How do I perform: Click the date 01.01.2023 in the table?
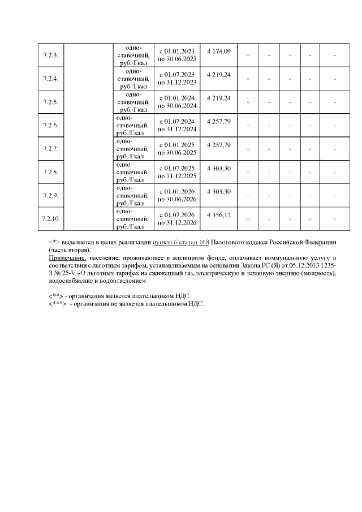[179, 51]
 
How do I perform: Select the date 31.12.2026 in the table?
[180, 222]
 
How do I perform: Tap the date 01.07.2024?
[179, 122]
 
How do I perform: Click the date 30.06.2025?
[180, 152]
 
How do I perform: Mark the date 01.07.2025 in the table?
[179, 168]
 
